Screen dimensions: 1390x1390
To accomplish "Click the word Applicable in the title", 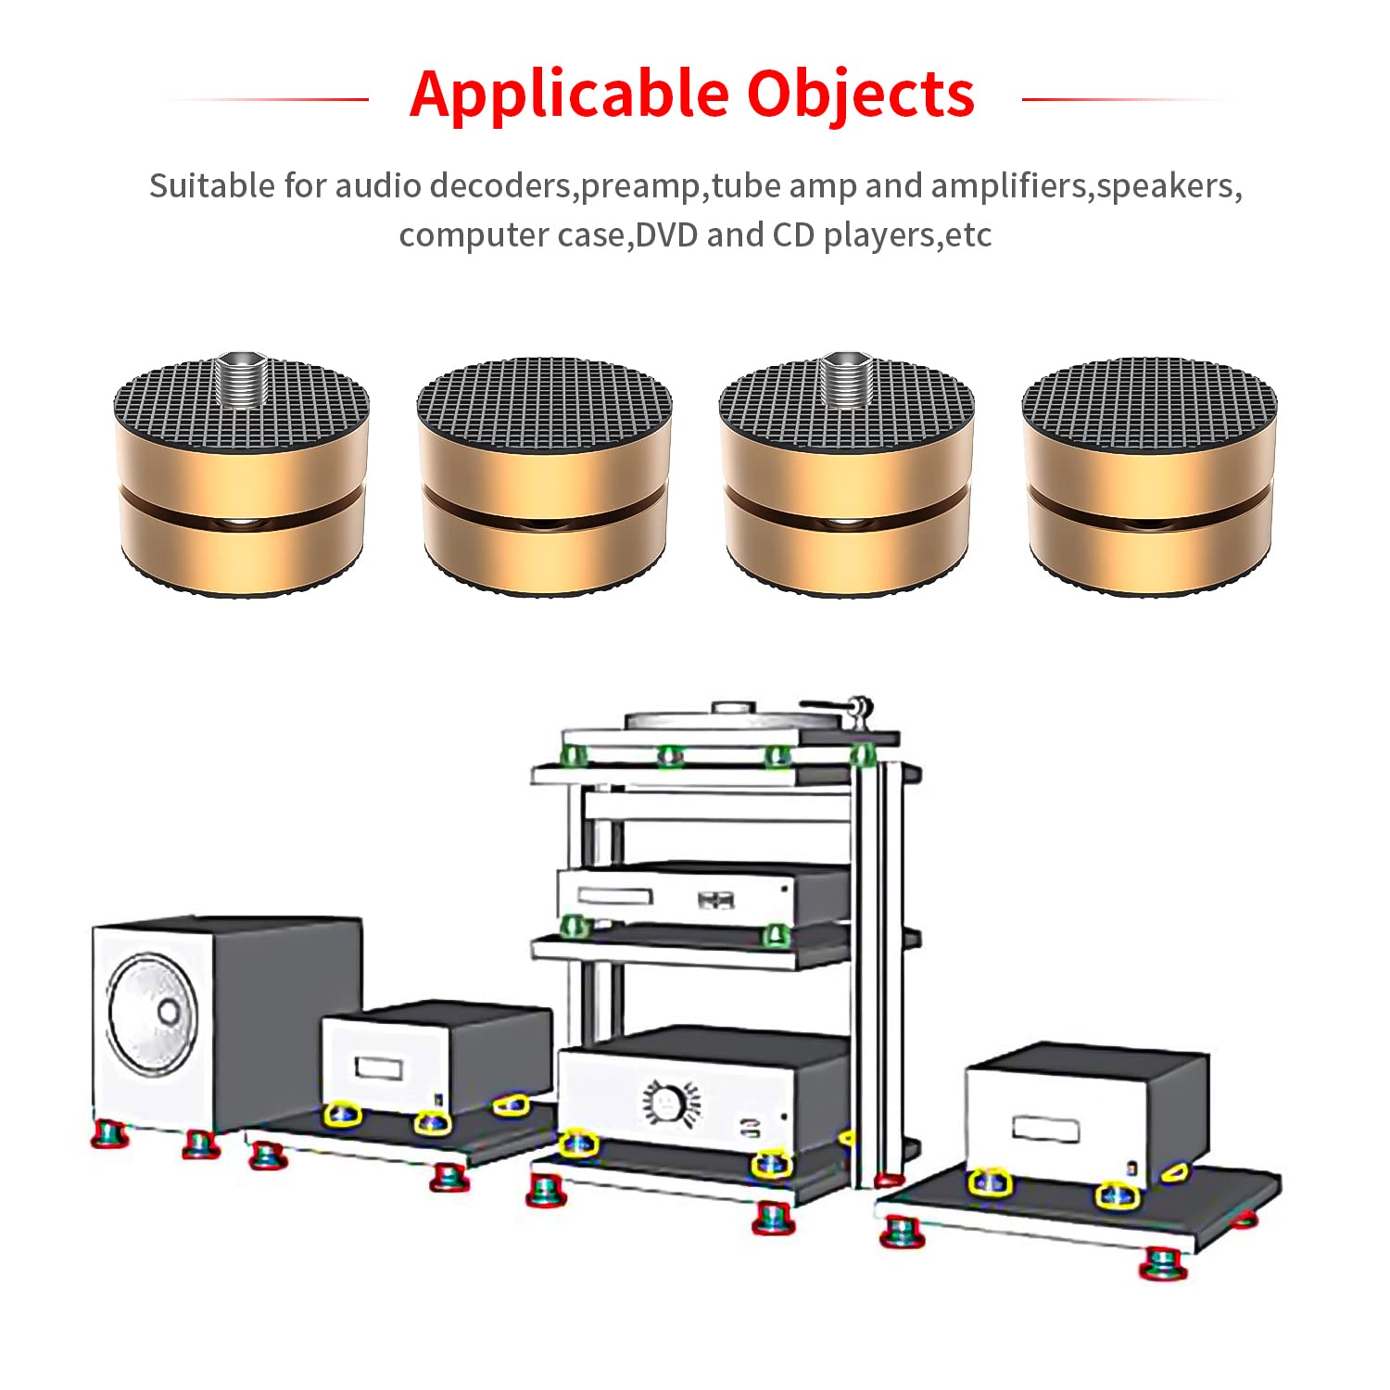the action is click(x=570, y=95).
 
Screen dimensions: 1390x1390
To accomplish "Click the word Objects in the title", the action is click(x=861, y=94).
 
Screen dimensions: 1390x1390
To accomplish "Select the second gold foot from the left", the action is click(x=544, y=476).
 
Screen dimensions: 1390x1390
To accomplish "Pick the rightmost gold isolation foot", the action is click(x=1150, y=476).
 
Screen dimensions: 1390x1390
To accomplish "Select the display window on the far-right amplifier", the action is click(x=1045, y=1129).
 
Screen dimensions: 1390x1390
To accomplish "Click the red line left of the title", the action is click(x=269, y=98).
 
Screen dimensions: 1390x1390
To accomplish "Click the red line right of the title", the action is click(x=1123, y=98).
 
